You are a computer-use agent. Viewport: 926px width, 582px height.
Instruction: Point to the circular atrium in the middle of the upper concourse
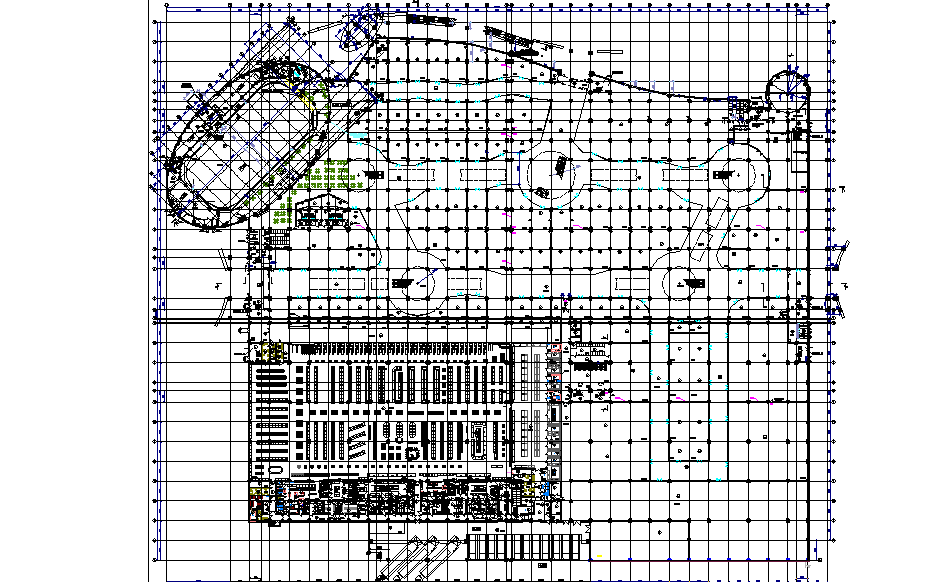554,173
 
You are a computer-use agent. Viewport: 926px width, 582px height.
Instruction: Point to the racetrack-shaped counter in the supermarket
480,439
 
